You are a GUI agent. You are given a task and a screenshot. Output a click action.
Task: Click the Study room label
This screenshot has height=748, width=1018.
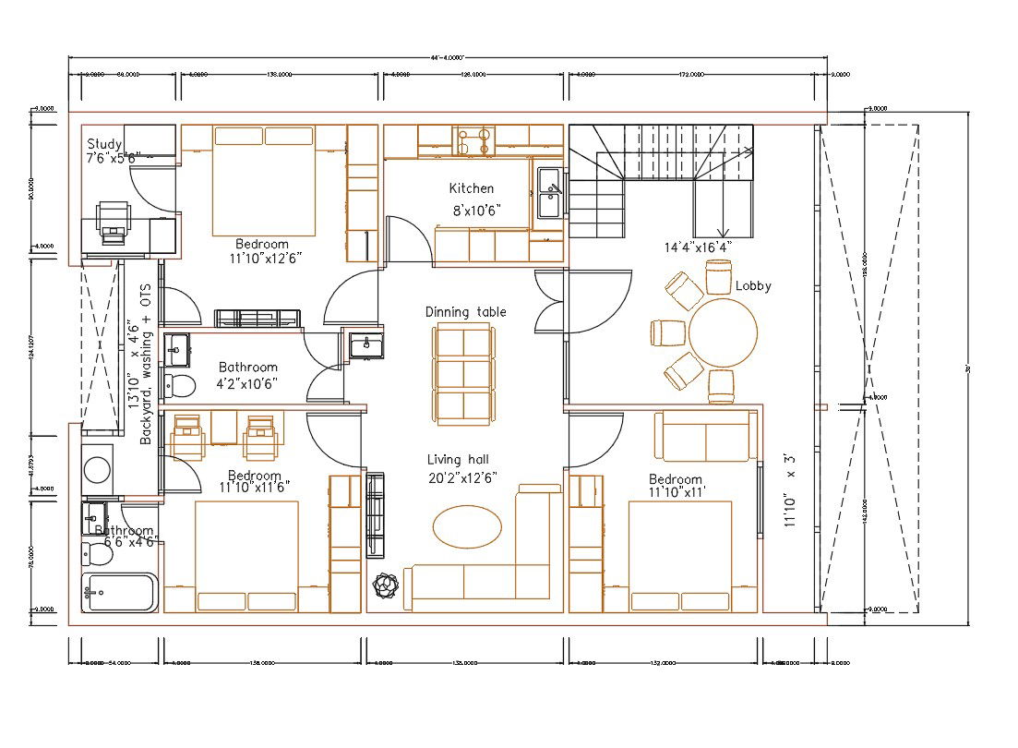click(x=105, y=144)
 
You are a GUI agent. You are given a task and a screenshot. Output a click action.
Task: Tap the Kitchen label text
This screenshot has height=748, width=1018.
click(x=471, y=188)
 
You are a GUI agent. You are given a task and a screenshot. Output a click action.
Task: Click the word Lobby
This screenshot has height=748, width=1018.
click(x=753, y=286)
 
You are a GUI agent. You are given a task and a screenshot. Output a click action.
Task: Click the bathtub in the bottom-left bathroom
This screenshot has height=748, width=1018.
click(x=120, y=592)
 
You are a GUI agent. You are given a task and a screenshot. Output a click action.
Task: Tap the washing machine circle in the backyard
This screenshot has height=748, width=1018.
click(x=97, y=470)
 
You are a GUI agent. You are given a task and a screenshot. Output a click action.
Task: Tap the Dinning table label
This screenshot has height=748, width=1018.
click(x=465, y=312)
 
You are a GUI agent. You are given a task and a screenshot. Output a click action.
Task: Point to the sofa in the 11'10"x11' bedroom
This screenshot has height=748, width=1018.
click(x=705, y=437)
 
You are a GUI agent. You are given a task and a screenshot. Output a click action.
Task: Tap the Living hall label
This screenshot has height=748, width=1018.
click(x=458, y=459)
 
